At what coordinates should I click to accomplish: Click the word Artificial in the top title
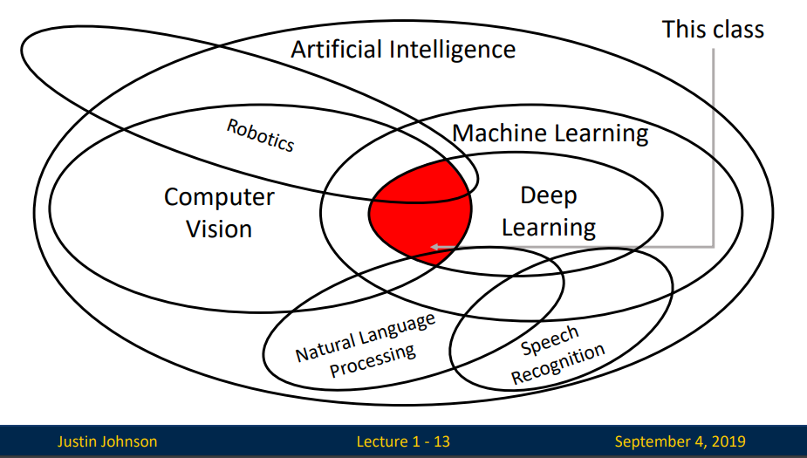coord(336,49)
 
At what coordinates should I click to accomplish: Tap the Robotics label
coord(261,135)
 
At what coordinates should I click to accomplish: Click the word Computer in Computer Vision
coord(219,197)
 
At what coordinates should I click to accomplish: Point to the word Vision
coord(219,229)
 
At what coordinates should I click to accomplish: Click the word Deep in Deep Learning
coord(549,195)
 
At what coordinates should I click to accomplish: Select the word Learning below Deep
coord(549,228)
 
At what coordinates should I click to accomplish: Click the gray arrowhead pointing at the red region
coord(435,247)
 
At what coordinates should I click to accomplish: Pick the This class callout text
coord(713,30)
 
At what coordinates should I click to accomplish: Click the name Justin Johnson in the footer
coord(107,441)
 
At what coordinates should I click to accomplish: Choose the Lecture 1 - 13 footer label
coord(403,441)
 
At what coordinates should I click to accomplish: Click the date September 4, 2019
coord(680,441)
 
